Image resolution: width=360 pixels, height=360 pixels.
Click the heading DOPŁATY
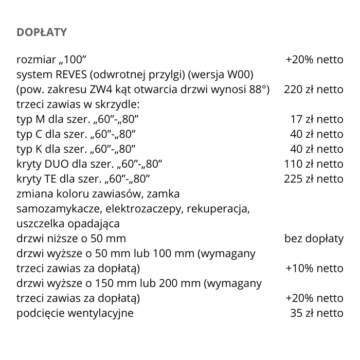(42, 32)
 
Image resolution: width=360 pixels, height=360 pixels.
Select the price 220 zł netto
(313, 89)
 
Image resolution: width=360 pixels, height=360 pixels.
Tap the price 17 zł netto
(316, 119)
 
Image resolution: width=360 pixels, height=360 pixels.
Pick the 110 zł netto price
(313, 164)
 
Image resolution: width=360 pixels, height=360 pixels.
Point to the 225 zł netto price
(313, 179)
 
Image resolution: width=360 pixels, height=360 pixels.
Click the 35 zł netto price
(316, 313)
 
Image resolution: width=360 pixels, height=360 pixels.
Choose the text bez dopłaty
(314, 239)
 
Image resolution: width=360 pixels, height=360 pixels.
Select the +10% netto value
(314, 268)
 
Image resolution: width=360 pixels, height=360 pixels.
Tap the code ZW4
(99, 89)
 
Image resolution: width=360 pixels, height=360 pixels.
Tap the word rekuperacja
(219, 209)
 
